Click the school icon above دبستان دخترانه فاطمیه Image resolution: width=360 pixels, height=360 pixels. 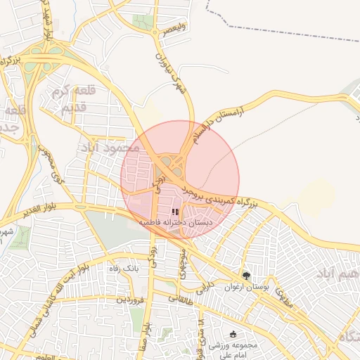[174, 211]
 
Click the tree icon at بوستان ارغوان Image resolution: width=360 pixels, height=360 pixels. [245, 276]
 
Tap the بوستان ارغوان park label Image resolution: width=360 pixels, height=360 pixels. [241, 287]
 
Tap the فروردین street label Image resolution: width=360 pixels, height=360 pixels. [130, 300]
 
